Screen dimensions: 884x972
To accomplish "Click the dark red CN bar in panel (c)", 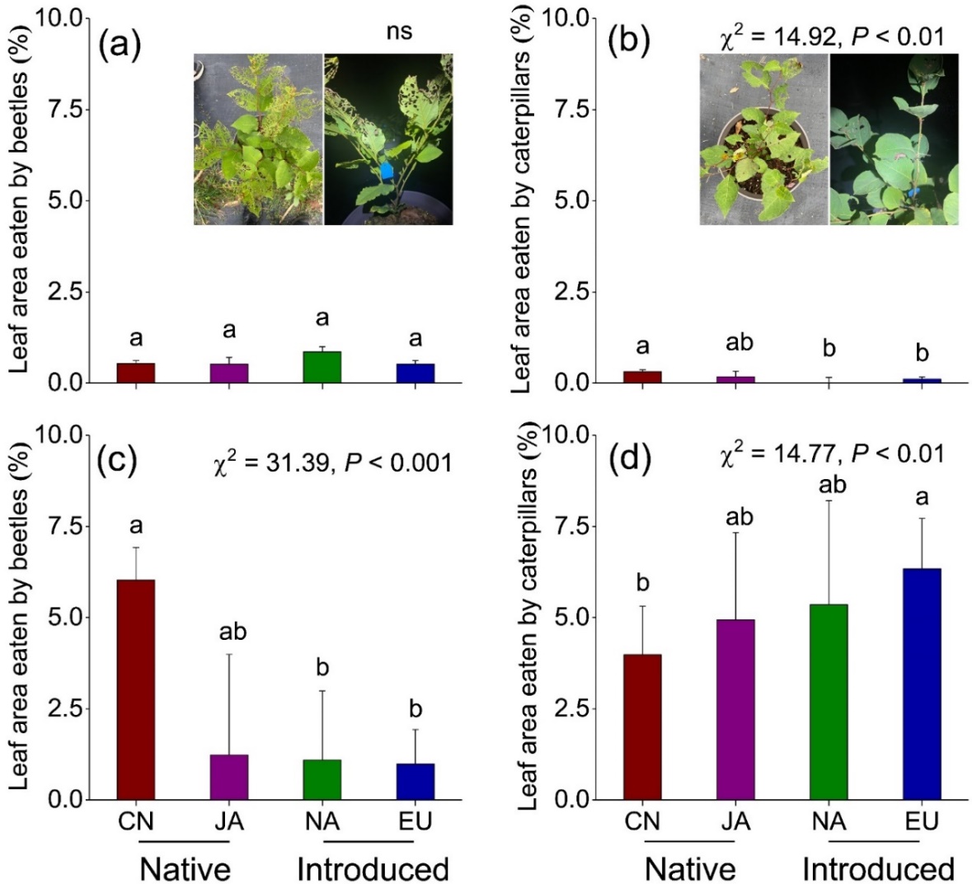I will coord(135,689).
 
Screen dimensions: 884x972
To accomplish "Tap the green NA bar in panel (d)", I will coord(829,702).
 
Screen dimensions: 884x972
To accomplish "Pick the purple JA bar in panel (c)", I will coord(228,777).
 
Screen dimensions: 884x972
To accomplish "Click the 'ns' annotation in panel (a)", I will coord(400,32).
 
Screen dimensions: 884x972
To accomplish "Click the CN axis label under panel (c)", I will coord(135,821).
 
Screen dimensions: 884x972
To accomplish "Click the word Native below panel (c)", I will coord(185,869).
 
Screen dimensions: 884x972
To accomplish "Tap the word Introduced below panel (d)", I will coord(877,869).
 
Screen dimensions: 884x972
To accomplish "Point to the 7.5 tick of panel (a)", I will coord(70,110).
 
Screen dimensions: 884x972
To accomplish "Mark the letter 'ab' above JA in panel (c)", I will coord(232,632).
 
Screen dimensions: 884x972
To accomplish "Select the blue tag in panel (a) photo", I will coord(387,170).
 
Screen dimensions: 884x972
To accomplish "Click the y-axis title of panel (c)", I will coord(18,617).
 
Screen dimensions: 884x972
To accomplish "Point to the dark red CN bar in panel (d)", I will coord(642,726).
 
